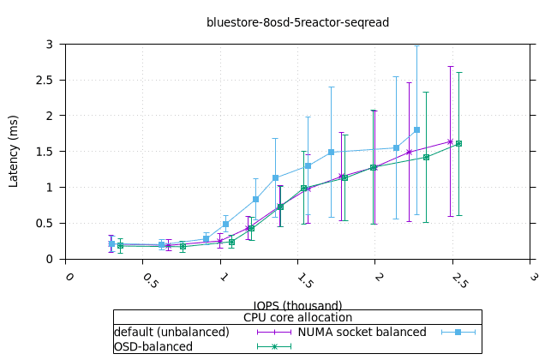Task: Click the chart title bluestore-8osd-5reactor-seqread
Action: coord(297,22)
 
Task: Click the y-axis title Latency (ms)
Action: coord(14,151)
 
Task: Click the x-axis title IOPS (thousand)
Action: coord(297,305)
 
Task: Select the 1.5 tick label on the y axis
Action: coord(52,151)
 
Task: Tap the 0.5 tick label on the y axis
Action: coord(52,223)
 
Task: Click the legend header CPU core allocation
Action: coord(297,318)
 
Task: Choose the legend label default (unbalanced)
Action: coord(171,332)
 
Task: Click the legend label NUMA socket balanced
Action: coord(362,332)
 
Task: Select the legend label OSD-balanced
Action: coord(153,346)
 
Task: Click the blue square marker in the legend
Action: coord(458,332)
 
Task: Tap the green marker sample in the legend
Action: coord(274,346)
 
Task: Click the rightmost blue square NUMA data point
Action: coord(416,130)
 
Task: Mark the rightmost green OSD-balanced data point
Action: coord(458,144)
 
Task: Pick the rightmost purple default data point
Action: coord(450,141)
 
